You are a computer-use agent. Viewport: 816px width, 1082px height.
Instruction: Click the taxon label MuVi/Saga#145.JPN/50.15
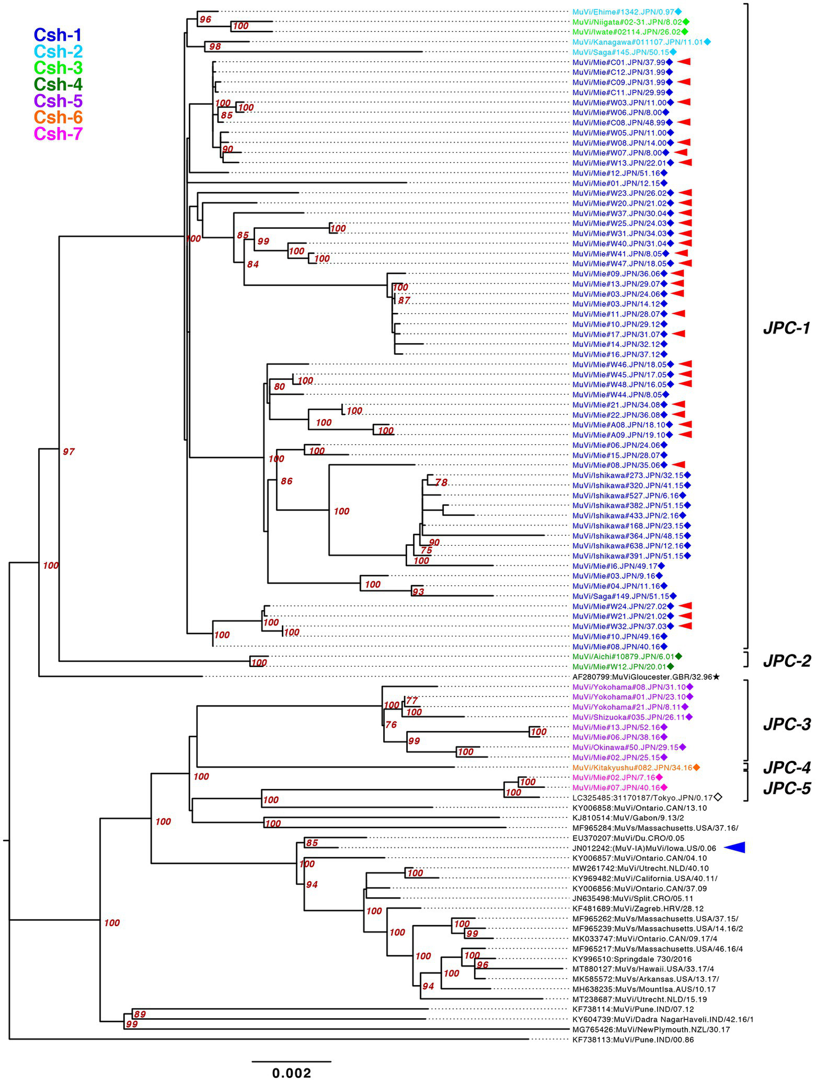point(620,52)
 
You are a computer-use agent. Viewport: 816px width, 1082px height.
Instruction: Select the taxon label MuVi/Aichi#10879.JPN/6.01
point(622,656)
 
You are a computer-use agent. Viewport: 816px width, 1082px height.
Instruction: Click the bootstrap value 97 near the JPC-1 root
point(69,452)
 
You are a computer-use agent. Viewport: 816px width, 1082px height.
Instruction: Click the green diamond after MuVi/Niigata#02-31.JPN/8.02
point(686,22)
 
